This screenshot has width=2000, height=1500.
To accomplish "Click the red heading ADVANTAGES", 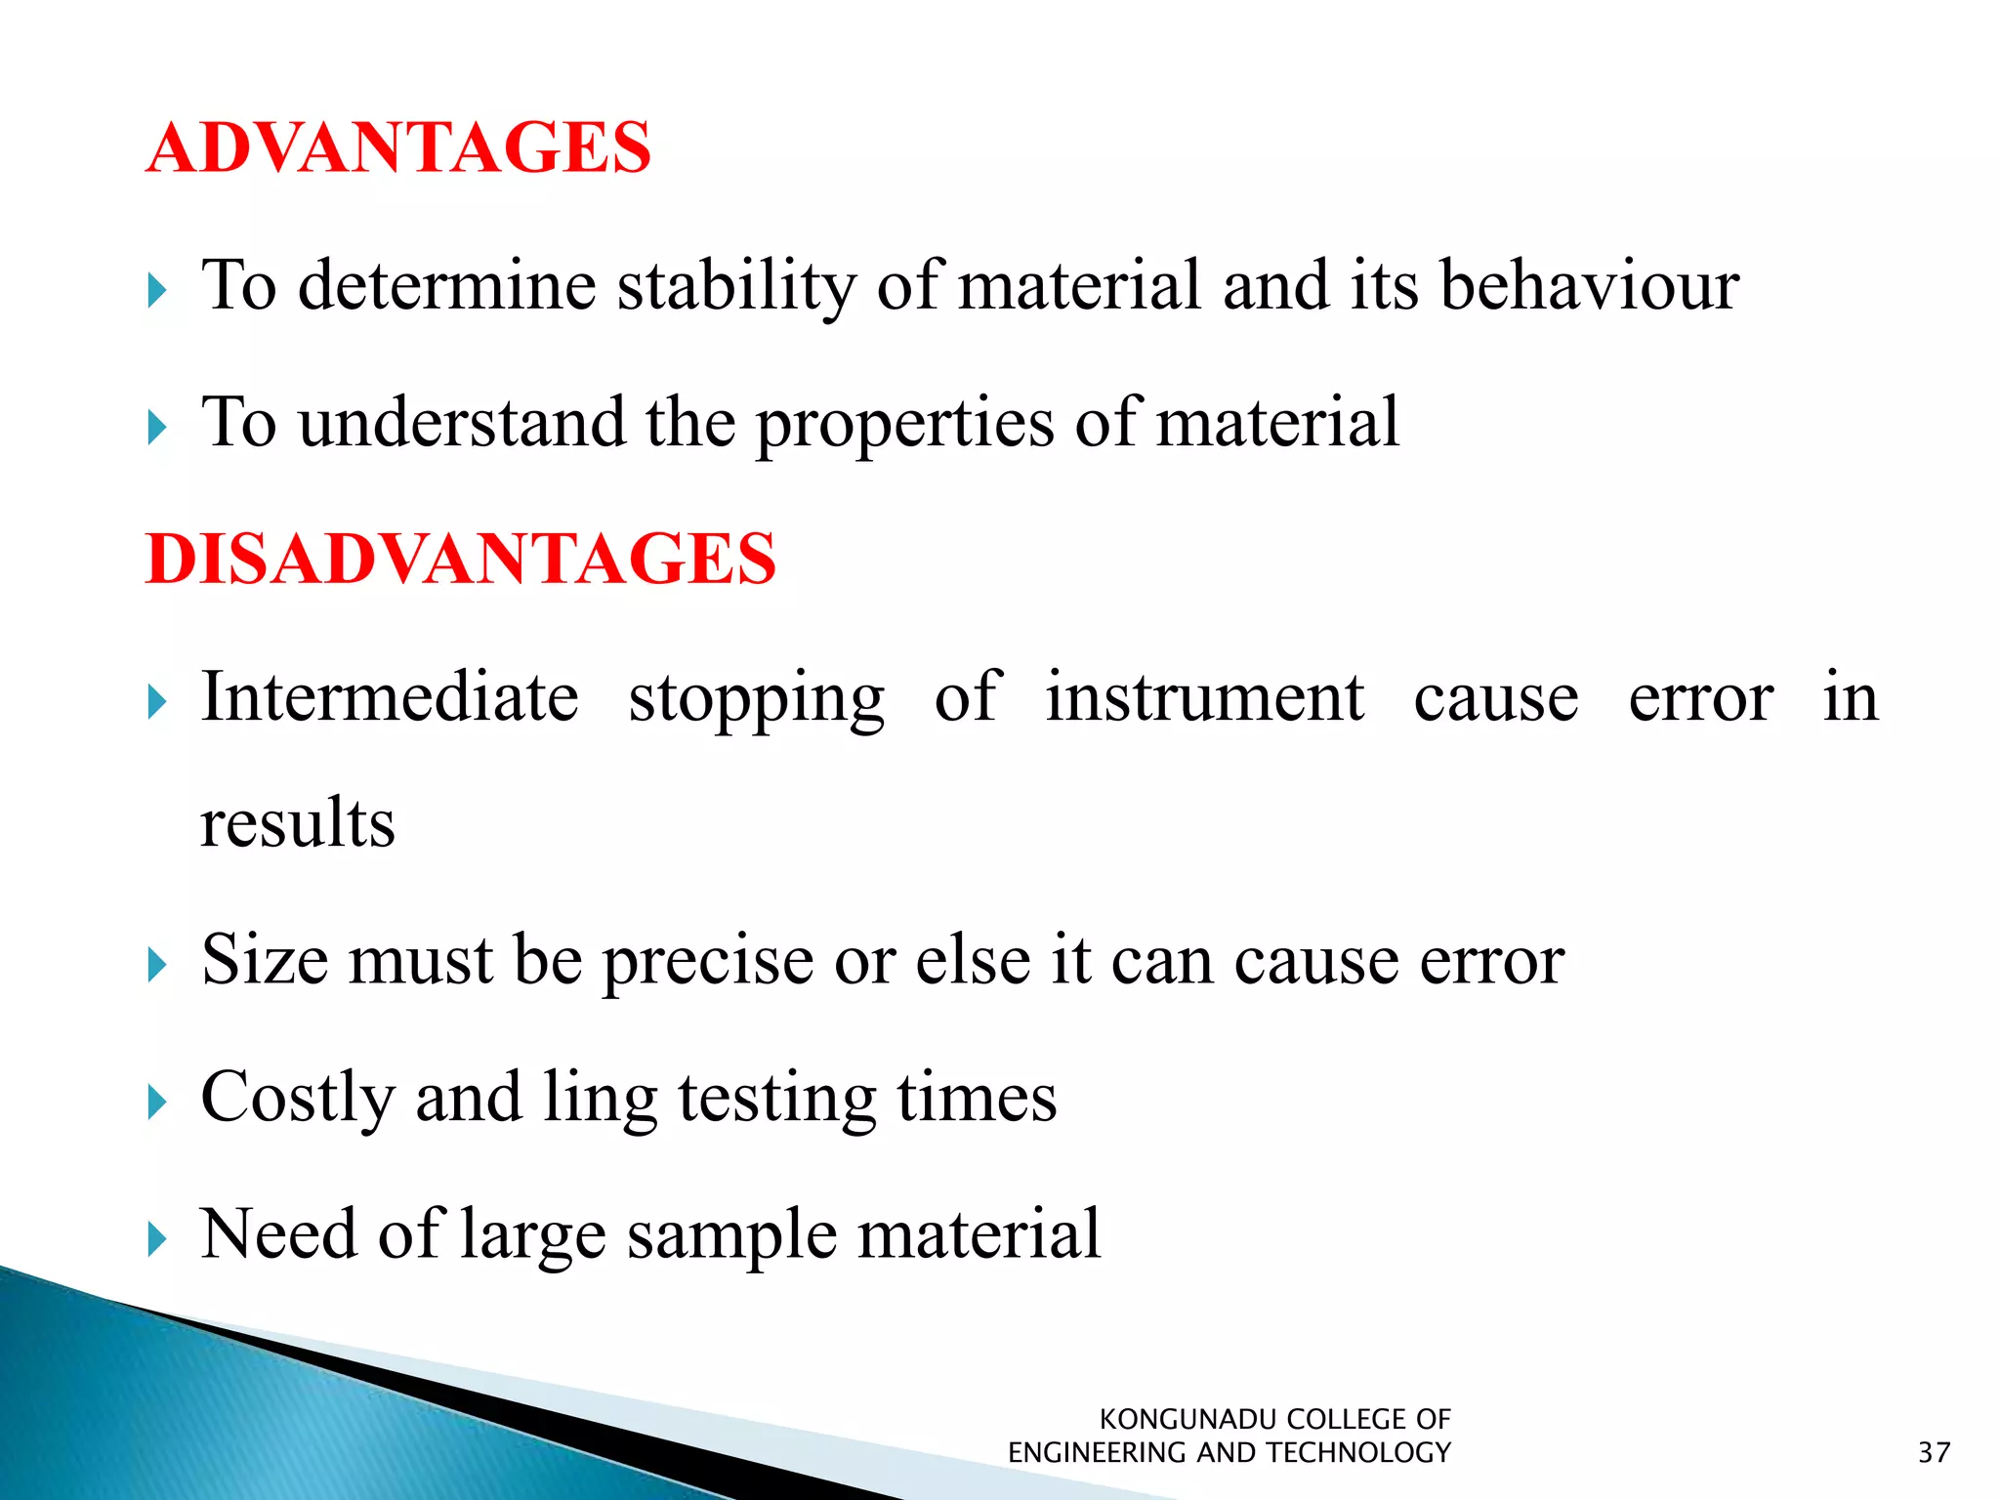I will point(398,148).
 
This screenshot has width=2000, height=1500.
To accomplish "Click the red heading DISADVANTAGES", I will point(461,560).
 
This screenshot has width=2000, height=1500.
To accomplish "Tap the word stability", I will point(736,287).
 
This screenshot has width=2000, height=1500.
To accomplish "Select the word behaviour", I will point(1589,287).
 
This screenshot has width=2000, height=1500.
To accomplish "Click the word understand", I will point(462,424).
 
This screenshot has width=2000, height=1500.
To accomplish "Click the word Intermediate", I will point(390,697).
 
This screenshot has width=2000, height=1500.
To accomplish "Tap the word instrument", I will point(1204,697).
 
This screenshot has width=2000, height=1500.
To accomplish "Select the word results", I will point(298,822).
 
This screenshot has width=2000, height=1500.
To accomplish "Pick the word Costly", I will point(297,1098).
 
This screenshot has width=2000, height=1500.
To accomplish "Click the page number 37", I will point(1934,1453).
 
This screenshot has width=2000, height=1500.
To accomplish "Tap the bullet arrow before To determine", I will point(157,291).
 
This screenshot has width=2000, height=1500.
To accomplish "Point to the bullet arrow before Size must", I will point(157,965).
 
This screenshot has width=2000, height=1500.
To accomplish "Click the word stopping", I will point(756,699).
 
